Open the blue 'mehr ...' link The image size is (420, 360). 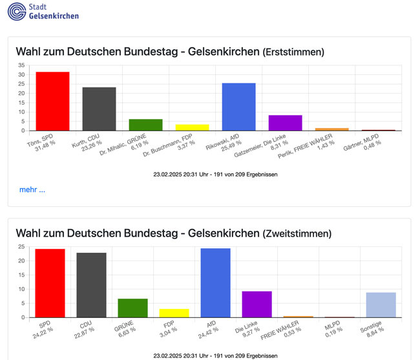[x=32, y=190]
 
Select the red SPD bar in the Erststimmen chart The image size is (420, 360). [x=52, y=101]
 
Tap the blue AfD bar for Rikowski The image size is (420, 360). [x=238, y=107]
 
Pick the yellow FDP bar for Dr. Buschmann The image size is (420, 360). [x=192, y=127]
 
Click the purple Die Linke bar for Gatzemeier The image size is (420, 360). [x=285, y=123]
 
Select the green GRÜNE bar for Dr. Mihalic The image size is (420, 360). [x=145, y=125]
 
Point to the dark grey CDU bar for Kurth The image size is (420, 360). [x=99, y=109]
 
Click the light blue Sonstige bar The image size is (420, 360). [x=381, y=305]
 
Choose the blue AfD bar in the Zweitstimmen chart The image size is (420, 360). [x=215, y=283]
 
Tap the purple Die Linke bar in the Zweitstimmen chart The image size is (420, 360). [x=257, y=304]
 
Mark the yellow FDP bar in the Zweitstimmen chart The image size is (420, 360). [x=174, y=313]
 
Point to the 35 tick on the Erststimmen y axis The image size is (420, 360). [x=21, y=65]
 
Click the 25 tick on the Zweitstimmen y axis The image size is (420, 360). [x=21, y=247]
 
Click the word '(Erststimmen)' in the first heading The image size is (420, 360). [x=293, y=52]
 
